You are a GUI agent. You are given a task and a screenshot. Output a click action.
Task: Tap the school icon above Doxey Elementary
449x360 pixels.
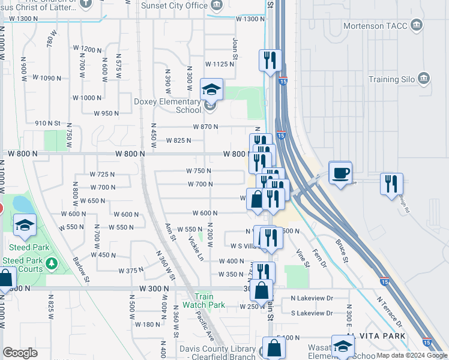(x=211, y=90)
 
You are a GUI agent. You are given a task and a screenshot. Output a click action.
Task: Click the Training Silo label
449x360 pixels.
(x=392, y=79)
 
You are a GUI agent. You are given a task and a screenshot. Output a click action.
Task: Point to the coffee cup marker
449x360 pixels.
(x=341, y=173)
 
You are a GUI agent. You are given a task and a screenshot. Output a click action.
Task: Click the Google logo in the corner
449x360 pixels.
(x=20, y=353)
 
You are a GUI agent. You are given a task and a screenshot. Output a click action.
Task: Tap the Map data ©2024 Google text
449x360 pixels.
(x=412, y=355)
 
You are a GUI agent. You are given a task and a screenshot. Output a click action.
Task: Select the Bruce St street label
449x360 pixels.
(x=342, y=253)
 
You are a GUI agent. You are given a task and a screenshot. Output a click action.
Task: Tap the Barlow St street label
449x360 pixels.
(x=81, y=270)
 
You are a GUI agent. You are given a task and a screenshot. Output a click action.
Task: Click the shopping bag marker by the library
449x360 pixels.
(x=274, y=347)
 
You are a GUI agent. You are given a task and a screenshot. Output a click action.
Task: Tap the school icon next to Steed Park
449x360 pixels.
(x=25, y=225)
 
